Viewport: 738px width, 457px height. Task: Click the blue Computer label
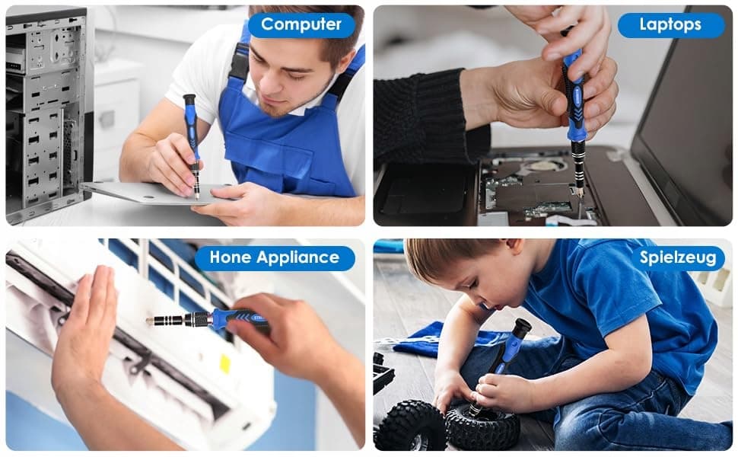tap(301, 25)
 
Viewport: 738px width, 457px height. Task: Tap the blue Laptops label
tap(671, 25)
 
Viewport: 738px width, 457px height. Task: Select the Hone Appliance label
tap(275, 257)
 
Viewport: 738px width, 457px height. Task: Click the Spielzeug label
tap(678, 257)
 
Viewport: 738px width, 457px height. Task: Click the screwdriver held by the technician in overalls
tap(192, 144)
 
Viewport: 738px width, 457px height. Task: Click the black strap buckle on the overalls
tap(239, 62)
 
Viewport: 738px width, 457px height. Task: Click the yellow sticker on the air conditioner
tap(225, 364)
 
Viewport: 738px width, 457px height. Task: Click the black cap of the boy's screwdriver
tap(522, 326)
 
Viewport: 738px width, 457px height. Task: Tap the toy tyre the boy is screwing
tap(482, 427)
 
